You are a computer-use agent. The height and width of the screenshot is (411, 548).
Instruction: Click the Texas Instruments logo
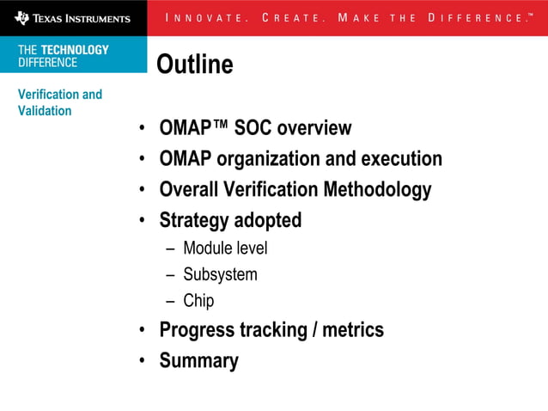pyautogui.click(x=72, y=17)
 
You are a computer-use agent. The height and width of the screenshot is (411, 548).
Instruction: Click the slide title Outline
pyautogui.click(x=194, y=64)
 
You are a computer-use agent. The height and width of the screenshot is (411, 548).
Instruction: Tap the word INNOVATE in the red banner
pyautogui.click(x=204, y=18)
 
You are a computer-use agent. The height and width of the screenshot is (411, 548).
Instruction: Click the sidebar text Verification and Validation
pyautogui.click(x=59, y=102)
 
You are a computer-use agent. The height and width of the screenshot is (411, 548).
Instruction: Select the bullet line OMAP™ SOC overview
pyautogui.click(x=255, y=128)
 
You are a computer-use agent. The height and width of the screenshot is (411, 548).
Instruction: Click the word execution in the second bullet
pyautogui.click(x=401, y=159)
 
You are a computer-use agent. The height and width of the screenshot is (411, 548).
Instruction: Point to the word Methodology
pyautogui.click(x=377, y=189)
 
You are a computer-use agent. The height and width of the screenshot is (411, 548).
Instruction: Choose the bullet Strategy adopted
pyautogui.click(x=230, y=220)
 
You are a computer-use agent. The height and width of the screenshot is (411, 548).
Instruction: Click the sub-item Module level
pyautogui.click(x=225, y=248)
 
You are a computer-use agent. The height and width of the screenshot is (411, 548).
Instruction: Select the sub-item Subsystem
pyautogui.click(x=220, y=275)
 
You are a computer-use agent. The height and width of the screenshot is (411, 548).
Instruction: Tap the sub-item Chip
pyautogui.click(x=198, y=301)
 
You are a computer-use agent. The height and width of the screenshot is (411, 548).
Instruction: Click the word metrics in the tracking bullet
pyautogui.click(x=353, y=329)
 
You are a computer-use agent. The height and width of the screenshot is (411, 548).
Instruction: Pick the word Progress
pyautogui.click(x=197, y=329)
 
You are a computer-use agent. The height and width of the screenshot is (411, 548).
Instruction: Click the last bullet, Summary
pyautogui.click(x=198, y=360)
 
